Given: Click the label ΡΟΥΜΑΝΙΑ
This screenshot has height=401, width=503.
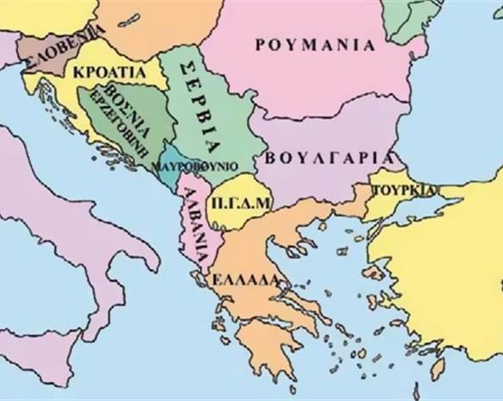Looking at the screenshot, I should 316,44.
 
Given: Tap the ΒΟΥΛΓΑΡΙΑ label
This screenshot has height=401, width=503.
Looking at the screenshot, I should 330,158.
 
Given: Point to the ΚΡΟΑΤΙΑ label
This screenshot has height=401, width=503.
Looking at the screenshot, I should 110,72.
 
